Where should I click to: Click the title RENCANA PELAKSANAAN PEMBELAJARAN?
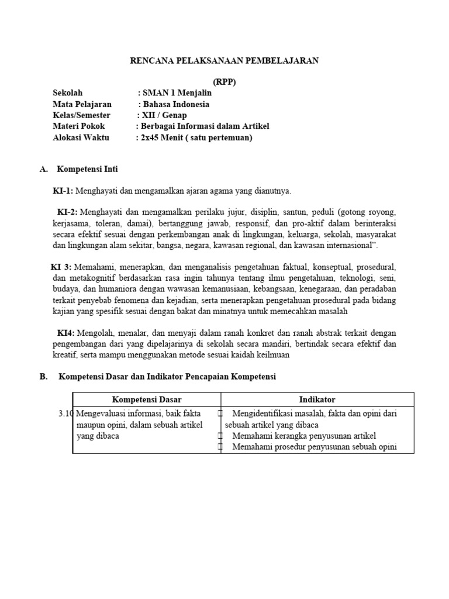(224, 60)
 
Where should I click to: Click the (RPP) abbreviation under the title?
(224, 82)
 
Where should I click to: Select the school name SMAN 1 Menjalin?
(177, 93)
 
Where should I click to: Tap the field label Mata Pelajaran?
(82, 104)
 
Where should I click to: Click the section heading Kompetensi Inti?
(87, 169)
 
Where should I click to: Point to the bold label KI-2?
(67, 212)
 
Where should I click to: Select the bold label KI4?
(65, 332)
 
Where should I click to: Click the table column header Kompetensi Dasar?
(147, 400)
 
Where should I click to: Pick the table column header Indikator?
(317, 400)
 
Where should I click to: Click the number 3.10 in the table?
(65, 414)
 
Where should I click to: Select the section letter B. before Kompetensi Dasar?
(43, 377)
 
